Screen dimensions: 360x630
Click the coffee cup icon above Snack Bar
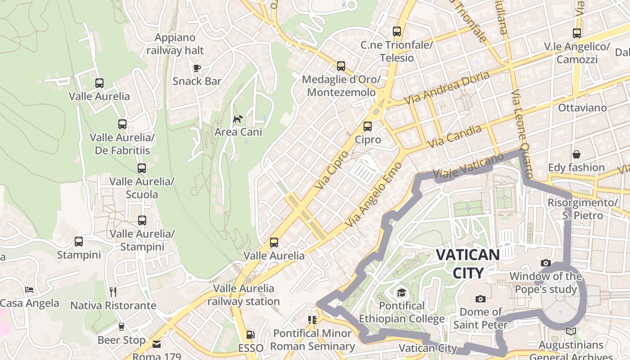[197, 68]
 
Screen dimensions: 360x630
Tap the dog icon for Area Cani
[238, 119]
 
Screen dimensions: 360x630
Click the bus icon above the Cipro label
[368, 126]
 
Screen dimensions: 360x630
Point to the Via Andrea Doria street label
[447, 88]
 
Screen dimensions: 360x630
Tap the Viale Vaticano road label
[468, 166]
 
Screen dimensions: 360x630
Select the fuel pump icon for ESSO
[251, 335]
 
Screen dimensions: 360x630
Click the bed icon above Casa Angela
[29, 289]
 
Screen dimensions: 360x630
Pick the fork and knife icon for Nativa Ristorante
[113, 292]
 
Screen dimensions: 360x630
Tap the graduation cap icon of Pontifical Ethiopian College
[401, 293]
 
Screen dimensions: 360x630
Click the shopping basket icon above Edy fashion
[576, 154]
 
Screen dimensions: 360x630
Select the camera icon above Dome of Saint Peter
[481, 299]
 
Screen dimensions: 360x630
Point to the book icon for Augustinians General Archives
[571, 332]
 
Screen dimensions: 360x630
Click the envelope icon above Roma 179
[157, 344]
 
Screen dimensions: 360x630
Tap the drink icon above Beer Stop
[121, 327]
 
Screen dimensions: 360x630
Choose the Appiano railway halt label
[175, 44]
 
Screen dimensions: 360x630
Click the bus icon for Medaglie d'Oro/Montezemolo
[341, 66]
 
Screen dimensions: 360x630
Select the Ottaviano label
[582, 108]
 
